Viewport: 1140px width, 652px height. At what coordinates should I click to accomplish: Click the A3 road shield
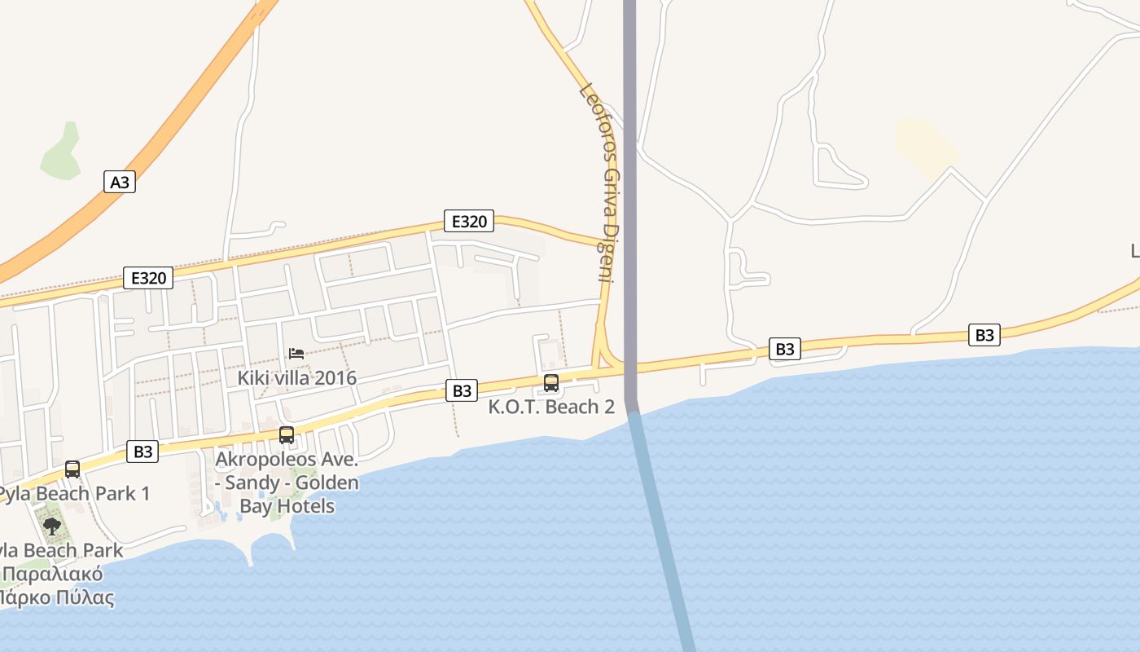click(x=120, y=181)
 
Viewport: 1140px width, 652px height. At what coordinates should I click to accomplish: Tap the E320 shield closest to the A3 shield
click(x=148, y=278)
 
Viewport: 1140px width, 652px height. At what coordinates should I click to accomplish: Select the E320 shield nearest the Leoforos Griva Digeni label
click(x=469, y=221)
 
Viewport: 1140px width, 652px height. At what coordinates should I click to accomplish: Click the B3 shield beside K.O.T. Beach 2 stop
click(x=462, y=390)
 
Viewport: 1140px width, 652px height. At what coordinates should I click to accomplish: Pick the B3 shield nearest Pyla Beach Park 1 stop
click(x=143, y=452)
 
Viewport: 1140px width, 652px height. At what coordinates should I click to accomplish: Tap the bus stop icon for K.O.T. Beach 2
click(x=551, y=382)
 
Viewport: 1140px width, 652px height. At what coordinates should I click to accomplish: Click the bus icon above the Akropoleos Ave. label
click(x=287, y=435)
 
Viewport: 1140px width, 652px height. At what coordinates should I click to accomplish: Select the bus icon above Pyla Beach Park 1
click(x=72, y=469)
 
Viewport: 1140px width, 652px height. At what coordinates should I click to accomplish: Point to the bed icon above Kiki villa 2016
click(x=296, y=354)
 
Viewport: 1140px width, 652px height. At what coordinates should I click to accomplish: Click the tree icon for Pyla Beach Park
click(x=52, y=526)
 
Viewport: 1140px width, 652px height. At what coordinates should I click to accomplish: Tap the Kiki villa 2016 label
click(x=296, y=378)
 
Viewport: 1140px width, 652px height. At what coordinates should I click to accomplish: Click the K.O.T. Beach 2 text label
click(x=551, y=407)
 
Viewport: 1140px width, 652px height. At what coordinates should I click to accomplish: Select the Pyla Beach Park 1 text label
click(x=73, y=494)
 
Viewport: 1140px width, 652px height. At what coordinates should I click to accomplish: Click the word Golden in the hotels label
click(x=327, y=482)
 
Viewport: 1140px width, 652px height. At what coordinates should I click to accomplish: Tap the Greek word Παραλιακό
click(x=53, y=574)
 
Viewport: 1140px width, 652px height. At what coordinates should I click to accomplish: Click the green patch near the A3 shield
click(x=62, y=153)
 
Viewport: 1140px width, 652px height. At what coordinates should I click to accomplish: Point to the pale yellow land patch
click(x=926, y=147)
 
